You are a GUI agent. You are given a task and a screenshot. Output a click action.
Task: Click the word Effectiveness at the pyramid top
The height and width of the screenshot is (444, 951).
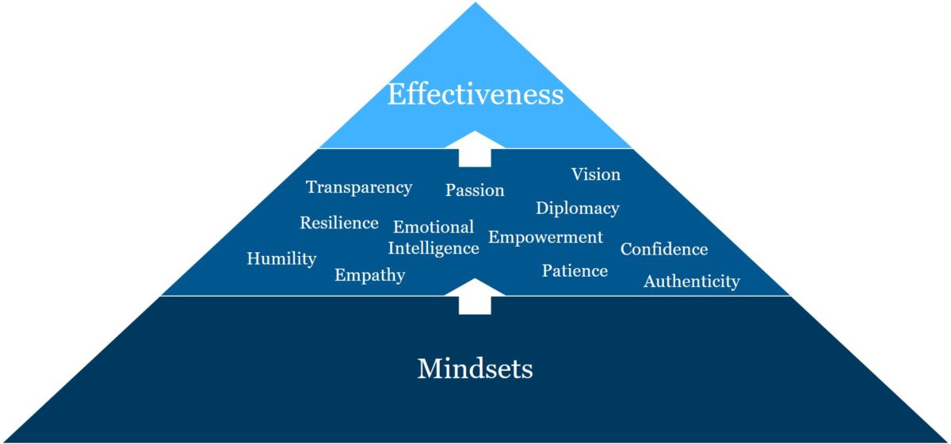click(x=475, y=95)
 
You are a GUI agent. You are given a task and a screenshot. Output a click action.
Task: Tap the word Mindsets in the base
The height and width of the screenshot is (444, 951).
click(x=475, y=369)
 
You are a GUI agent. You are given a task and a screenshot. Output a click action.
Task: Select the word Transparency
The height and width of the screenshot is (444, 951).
click(x=359, y=188)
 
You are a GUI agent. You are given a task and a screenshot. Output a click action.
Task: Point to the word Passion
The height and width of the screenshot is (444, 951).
click(x=475, y=190)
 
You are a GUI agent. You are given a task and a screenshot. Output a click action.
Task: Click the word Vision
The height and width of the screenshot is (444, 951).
click(x=596, y=174)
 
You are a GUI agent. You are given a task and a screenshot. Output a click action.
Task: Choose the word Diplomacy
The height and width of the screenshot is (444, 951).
click(x=578, y=209)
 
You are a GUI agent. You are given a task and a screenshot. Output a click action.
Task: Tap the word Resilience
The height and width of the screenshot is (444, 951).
click(x=339, y=224)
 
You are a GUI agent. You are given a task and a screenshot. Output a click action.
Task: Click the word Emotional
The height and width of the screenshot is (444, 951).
click(x=433, y=228)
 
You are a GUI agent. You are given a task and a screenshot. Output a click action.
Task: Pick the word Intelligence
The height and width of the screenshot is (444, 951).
click(x=433, y=249)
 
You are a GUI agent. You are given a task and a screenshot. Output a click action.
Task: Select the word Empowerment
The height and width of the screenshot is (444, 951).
click(x=546, y=237)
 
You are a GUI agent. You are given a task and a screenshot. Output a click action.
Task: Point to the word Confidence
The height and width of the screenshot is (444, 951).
click(x=664, y=250)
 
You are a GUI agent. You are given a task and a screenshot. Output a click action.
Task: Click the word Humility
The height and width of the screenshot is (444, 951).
click(x=281, y=258)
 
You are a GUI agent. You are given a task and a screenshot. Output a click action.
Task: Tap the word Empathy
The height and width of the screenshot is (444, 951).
click(x=369, y=276)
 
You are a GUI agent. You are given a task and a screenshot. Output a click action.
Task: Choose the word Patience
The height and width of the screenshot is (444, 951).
click(x=575, y=271)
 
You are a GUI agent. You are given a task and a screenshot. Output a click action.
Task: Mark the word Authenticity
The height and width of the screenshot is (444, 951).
click(x=692, y=281)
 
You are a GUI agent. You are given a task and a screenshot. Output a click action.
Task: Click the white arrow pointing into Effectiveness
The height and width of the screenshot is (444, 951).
click(x=475, y=149)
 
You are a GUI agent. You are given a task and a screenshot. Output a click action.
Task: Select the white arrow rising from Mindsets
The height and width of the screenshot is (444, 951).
click(x=475, y=297)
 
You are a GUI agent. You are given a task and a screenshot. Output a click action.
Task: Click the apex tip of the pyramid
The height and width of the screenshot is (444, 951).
click(x=475, y=4)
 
